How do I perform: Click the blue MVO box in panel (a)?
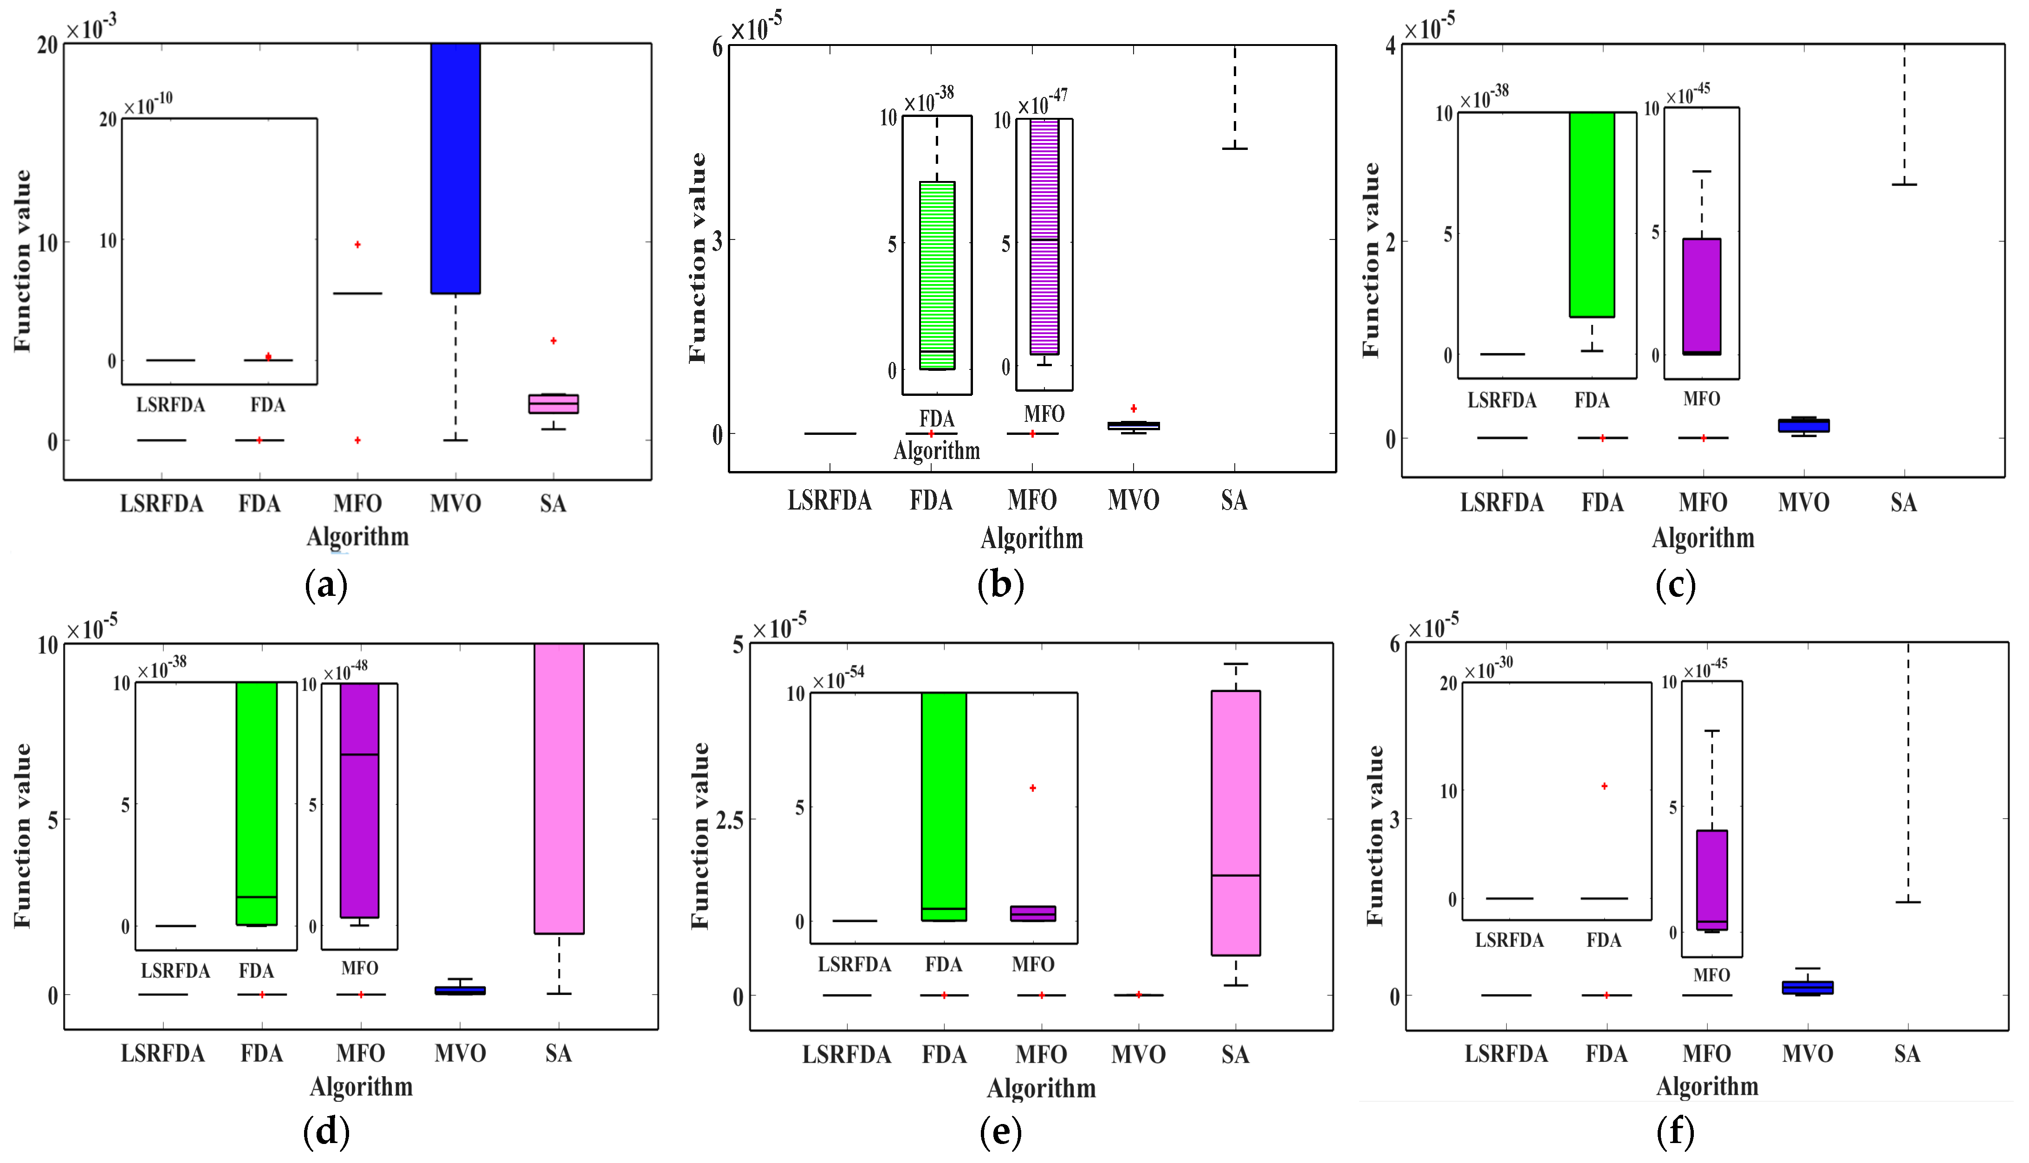(455, 168)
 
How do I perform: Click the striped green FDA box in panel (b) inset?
(937, 276)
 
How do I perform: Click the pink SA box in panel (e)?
(1236, 823)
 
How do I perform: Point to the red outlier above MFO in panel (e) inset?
(1033, 788)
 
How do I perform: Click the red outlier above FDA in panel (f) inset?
(1604, 787)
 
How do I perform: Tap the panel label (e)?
(1000, 1132)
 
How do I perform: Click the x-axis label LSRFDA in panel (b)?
(829, 501)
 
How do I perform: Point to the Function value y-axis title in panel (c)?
(1371, 259)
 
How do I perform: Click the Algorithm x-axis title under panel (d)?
(361, 1087)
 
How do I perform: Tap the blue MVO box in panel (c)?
(1804, 425)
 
